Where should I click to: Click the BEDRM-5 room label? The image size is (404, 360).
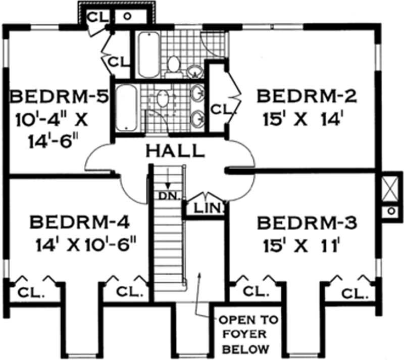(60, 96)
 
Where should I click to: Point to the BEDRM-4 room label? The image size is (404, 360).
(81, 222)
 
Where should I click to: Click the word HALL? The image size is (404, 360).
(175, 150)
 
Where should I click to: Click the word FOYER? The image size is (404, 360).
(239, 334)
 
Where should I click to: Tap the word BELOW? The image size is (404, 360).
(240, 348)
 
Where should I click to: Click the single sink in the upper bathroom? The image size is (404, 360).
(193, 72)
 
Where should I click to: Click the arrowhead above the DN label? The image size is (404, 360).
(167, 186)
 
